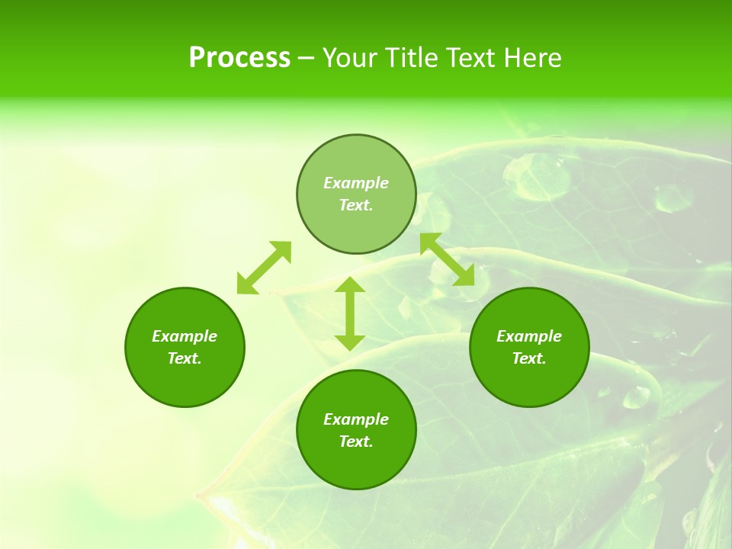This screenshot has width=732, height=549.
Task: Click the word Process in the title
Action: coord(239,58)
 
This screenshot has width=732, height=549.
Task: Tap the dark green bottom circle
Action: coord(356,465)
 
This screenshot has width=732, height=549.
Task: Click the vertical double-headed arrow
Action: coord(350,313)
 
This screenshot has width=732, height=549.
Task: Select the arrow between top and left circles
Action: coord(264,268)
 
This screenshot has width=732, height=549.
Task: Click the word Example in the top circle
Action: coord(356,183)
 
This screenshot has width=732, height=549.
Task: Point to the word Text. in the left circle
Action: coord(185,358)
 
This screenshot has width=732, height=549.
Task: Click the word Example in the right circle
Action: coord(529,336)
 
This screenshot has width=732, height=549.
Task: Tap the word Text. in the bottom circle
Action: coord(356,441)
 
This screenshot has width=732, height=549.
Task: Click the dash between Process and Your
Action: coord(307,58)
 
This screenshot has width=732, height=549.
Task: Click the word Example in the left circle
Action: coord(185,336)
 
